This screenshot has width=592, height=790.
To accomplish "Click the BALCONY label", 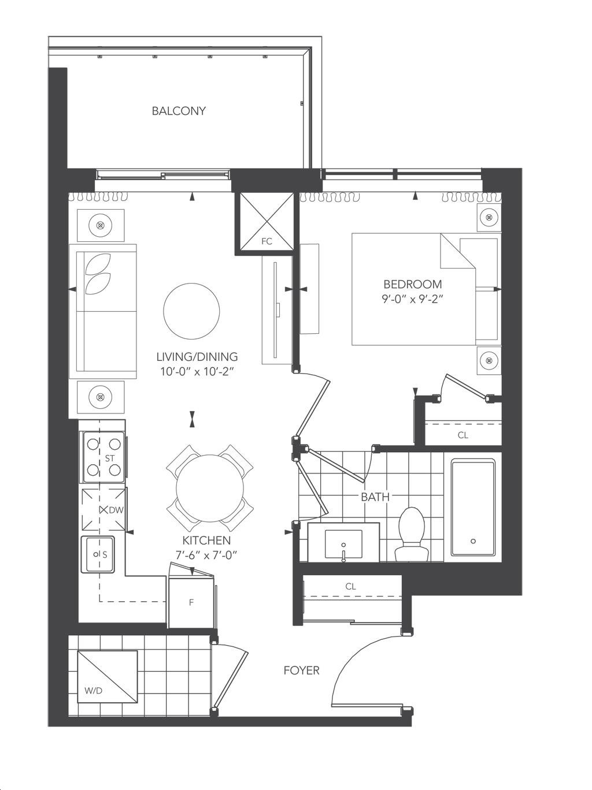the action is point(179,110).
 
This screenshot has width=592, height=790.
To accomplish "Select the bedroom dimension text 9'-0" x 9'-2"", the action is point(413,300).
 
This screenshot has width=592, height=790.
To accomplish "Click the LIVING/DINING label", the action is point(197,357).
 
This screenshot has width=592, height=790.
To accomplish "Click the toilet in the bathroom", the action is point(413,534).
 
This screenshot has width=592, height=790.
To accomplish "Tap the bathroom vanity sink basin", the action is point(343,544).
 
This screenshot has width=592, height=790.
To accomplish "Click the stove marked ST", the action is point(104,457).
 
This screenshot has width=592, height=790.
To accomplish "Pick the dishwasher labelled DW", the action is point(104,510).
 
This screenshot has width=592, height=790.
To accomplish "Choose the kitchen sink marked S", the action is point(98,554).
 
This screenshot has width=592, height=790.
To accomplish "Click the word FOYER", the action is point(302,670).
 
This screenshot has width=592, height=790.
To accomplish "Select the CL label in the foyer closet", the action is point(350,587).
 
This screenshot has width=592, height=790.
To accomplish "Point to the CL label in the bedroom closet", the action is point(463,435).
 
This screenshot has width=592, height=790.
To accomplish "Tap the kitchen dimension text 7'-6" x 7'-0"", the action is point(206,556).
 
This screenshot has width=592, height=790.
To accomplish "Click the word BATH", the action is point(375,497).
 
